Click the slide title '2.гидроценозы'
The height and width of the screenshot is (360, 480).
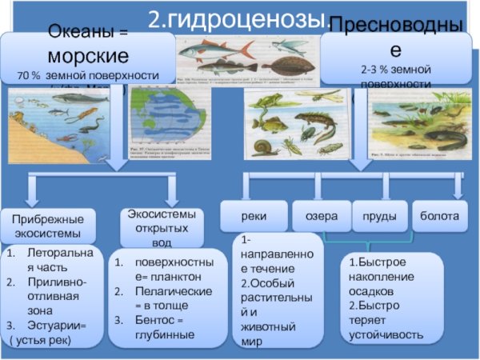point(239,18)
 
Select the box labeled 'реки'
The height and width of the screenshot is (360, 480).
point(253,216)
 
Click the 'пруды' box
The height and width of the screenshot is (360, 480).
point(379,216)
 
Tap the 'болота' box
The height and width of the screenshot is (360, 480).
point(438,216)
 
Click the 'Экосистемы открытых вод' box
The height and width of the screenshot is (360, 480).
point(161,226)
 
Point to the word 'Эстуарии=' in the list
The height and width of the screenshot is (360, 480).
point(61,326)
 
